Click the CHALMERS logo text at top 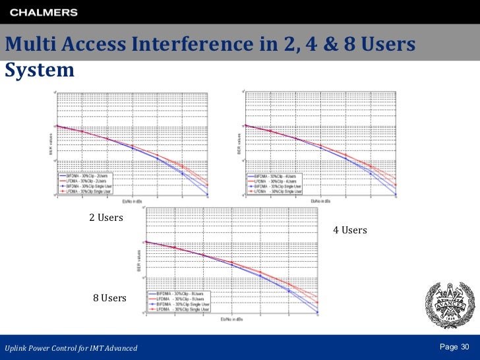pyautogui.click(x=44, y=12)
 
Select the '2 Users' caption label pyautogui.click(x=106, y=218)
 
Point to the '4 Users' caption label pyautogui.click(x=349, y=230)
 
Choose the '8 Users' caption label pyautogui.click(x=109, y=298)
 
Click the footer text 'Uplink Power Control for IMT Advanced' pyautogui.click(x=71, y=347)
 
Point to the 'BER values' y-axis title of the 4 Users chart pyautogui.click(x=239, y=142)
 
